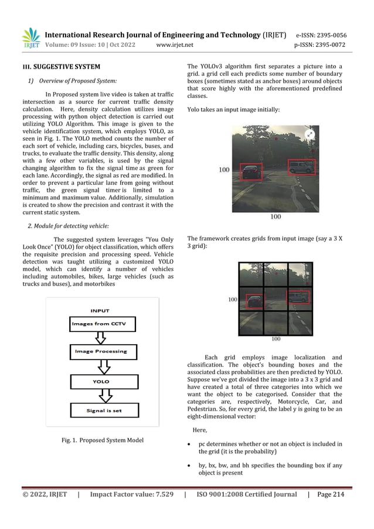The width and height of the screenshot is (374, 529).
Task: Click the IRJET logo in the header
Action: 30,37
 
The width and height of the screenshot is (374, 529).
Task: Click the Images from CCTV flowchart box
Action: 103,324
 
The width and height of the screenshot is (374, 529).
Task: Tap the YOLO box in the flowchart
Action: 101,381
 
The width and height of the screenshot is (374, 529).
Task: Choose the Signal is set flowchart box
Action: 102,411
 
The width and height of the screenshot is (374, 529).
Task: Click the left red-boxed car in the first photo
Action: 253,172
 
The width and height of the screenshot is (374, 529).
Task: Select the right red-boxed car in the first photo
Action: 302,167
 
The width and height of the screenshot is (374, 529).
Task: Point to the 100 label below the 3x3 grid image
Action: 276,338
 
